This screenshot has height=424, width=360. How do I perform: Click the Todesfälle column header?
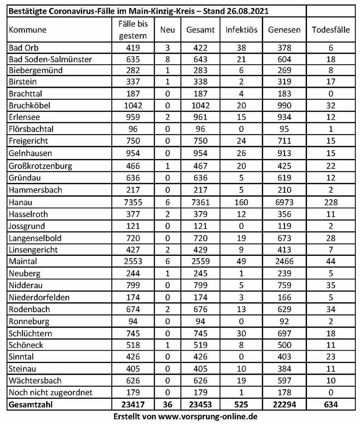pyautogui.click(x=330, y=30)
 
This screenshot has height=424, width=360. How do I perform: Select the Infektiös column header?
pyautogui.click(x=242, y=30)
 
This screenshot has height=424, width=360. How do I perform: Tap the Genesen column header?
pyautogui.click(x=284, y=30)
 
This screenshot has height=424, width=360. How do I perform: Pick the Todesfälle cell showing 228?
pyautogui.click(x=330, y=202)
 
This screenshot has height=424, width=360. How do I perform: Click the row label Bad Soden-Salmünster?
pyautogui.click(x=50, y=59)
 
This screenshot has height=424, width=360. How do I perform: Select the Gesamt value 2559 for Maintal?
pyautogui.click(x=201, y=261)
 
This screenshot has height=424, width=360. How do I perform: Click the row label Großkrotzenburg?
pyautogui.click(x=40, y=166)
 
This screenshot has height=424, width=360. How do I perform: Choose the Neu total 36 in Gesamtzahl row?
pyautogui.click(x=168, y=404)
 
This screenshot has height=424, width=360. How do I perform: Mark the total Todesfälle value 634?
pyautogui.click(x=330, y=404)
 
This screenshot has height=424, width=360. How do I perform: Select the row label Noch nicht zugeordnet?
pyautogui.click(x=50, y=392)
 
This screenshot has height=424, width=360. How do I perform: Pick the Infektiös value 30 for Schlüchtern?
pyautogui.click(x=242, y=333)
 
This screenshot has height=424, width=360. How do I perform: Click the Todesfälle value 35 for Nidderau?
pyautogui.click(x=330, y=285)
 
